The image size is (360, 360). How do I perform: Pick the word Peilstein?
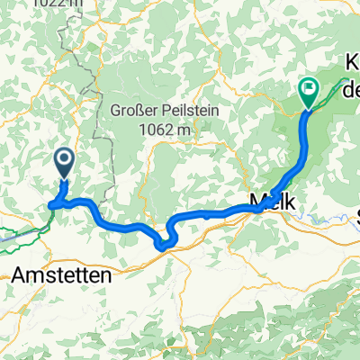coord(191,111)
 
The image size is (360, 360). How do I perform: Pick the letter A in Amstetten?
coord(20,276)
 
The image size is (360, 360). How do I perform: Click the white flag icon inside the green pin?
coord(308,87)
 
